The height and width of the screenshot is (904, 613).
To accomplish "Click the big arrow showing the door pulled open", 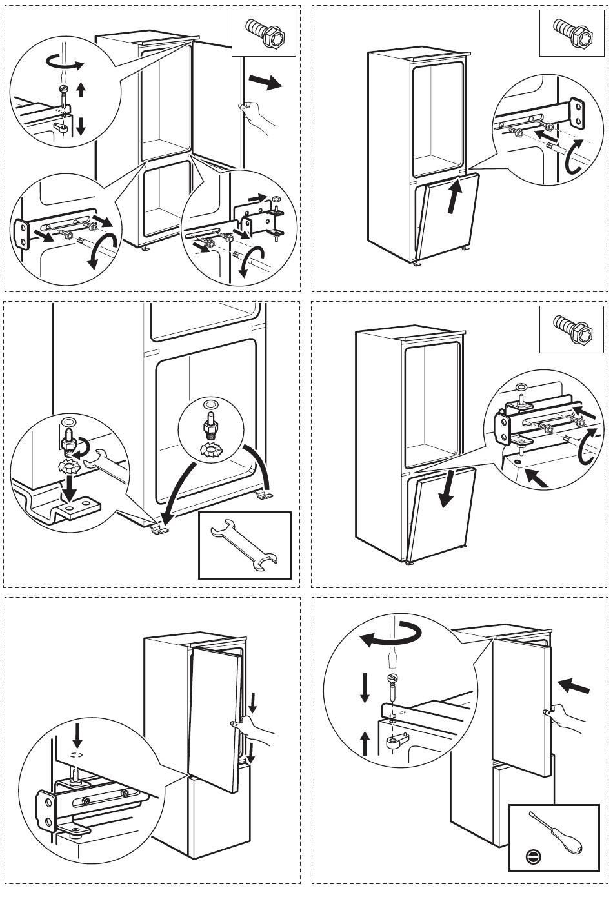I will point(265,82).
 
